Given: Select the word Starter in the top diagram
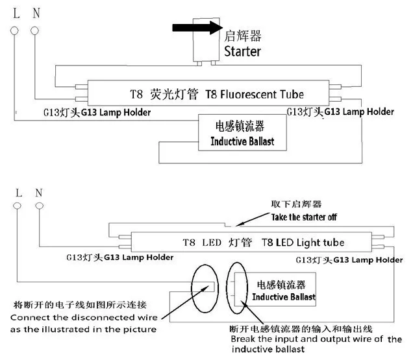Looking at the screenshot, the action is [x=243, y=51].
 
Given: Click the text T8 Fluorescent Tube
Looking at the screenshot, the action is [x=255, y=94].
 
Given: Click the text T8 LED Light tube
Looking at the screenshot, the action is [x=303, y=243].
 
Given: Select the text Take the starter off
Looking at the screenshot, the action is [x=304, y=217].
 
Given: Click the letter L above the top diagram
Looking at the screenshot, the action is [x=16, y=13].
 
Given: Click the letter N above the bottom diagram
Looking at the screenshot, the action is [x=39, y=193].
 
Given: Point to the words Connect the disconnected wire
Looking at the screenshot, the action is [x=84, y=318].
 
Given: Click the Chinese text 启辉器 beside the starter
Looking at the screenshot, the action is [x=243, y=36].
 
